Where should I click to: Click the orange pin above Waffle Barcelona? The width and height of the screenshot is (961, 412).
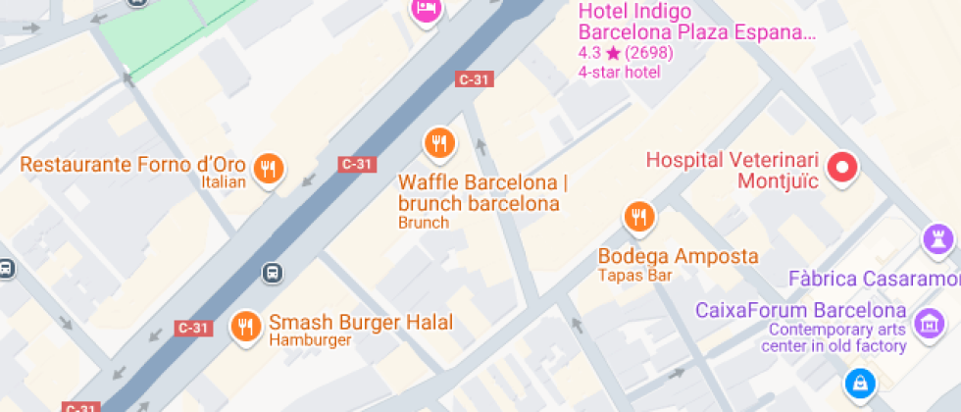[439, 143]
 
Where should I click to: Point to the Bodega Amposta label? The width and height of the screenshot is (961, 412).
[678, 256]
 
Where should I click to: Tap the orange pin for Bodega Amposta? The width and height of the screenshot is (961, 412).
[639, 216]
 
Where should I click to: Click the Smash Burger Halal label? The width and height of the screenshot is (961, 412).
[361, 322]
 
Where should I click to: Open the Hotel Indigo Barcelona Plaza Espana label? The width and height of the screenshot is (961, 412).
[696, 22]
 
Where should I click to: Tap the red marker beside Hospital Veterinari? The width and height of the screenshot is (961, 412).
[841, 168]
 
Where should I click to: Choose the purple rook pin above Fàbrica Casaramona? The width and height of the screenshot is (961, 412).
[938, 238]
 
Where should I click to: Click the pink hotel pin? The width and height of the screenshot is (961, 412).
[426, 10]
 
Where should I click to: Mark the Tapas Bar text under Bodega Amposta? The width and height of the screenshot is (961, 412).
[634, 276]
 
